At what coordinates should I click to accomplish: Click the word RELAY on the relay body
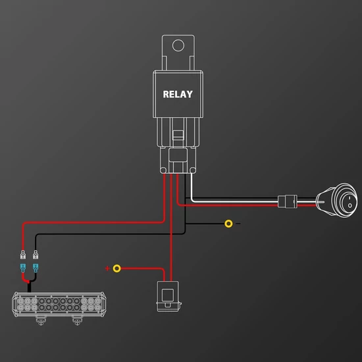178,94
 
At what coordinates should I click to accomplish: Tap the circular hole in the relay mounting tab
178,45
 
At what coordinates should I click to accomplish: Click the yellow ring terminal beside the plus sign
116,269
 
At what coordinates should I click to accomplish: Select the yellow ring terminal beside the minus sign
228,224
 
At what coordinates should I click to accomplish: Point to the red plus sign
107,269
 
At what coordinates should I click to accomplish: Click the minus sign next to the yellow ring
238,224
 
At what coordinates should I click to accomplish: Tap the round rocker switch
337,200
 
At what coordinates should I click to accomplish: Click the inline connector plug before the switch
288,201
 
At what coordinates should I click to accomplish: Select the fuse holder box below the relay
168,296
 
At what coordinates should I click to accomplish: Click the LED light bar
59,304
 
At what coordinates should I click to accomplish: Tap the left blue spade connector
23,268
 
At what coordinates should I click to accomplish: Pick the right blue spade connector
36,268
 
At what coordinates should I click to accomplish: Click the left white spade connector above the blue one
23,255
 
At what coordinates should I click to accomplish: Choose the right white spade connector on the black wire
36,255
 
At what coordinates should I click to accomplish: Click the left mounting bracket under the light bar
41,321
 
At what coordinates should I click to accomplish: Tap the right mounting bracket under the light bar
77,321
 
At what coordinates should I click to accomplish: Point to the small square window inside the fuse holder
168,295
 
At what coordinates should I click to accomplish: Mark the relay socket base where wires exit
178,160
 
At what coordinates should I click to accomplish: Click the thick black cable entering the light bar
30,287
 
